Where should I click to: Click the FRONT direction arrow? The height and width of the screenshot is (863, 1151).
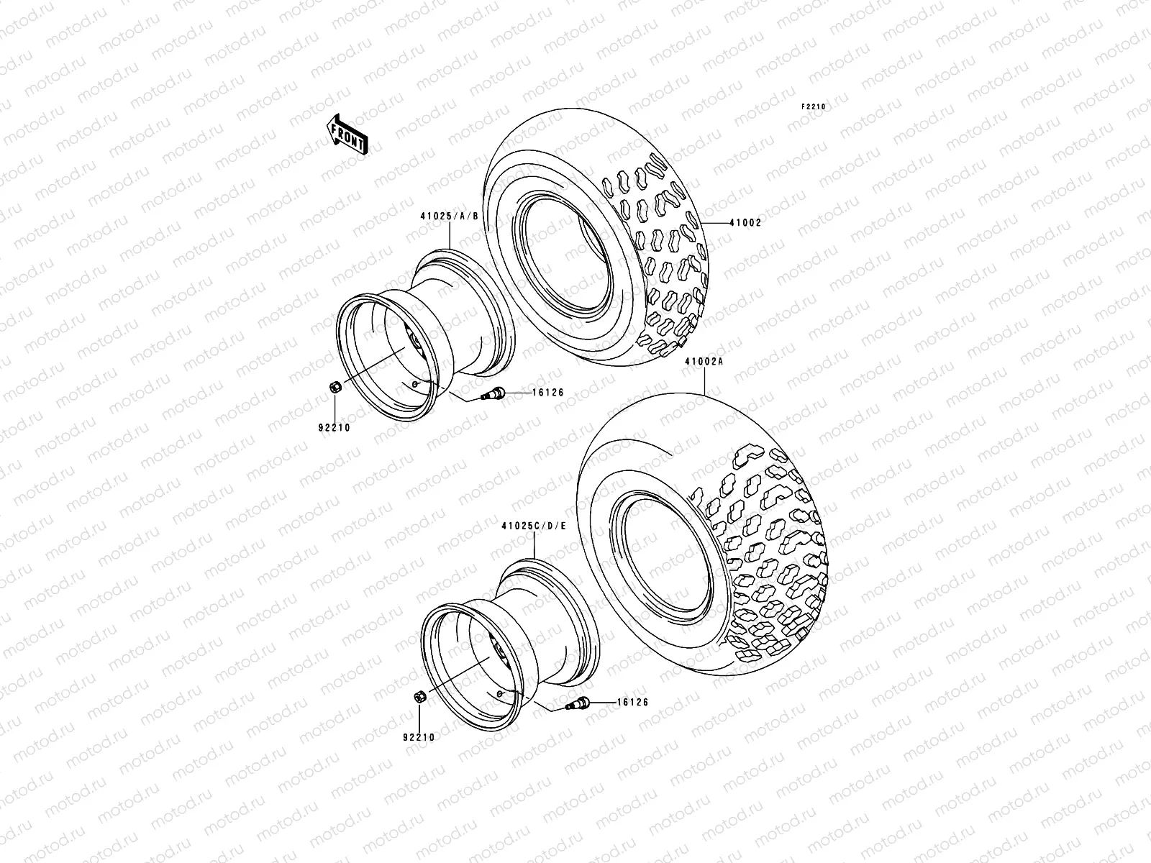(348, 134)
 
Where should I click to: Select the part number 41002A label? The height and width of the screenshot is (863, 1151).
(704, 364)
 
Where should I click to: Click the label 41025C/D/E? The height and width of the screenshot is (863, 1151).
(534, 526)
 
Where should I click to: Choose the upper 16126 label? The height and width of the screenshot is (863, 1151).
(548, 393)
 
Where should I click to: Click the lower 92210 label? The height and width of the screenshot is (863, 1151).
(419, 737)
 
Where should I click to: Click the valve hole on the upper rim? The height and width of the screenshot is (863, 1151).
(416, 384)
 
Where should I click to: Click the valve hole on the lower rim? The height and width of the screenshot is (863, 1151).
(499, 693)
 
